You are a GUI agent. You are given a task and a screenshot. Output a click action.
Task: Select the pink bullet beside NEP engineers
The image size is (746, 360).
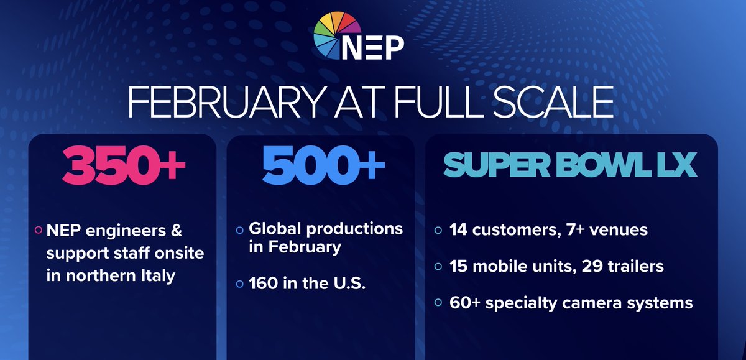(x=39, y=230)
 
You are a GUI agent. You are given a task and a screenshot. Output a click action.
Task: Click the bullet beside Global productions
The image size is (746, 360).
(x=240, y=230)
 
